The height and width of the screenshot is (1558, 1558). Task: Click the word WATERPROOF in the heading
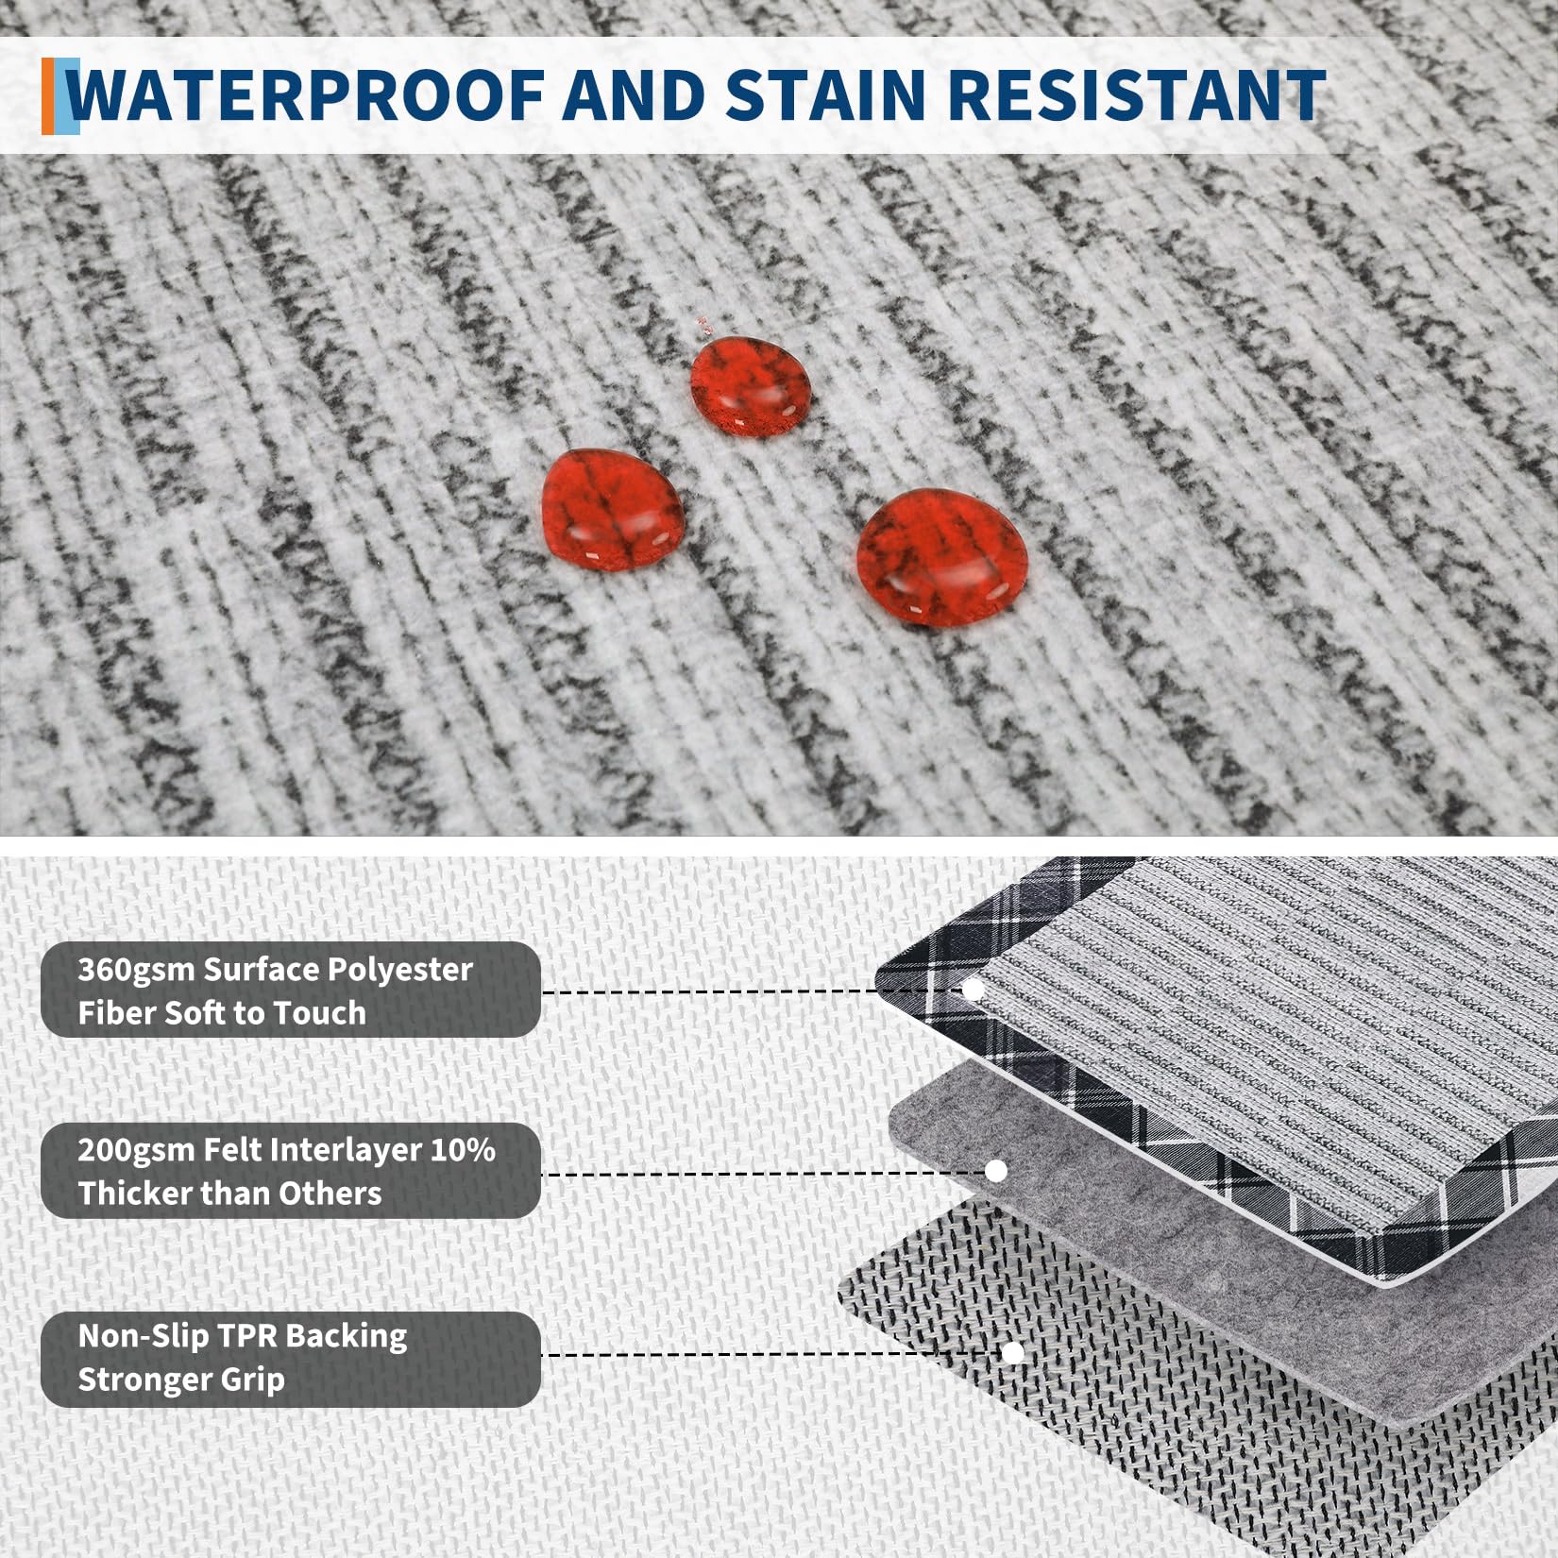(307, 95)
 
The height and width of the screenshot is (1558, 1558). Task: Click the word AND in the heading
(635, 95)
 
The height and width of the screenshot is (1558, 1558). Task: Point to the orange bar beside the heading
(48, 95)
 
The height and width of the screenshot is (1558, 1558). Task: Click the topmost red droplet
(751, 386)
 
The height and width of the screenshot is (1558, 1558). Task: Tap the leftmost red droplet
(613, 510)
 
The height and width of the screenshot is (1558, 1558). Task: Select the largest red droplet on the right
(941, 557)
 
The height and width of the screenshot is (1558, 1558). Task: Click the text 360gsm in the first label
(137, 971)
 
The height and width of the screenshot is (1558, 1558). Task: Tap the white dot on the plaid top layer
(973, 990)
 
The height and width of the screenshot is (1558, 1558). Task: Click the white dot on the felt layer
(995, 1171)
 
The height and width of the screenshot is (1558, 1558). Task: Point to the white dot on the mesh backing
(1013, 1353)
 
